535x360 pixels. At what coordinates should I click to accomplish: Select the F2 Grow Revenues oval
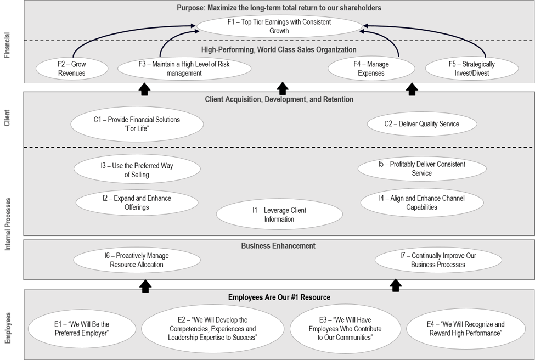point(71,69)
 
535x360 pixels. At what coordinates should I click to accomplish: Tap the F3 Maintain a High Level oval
point(184,69)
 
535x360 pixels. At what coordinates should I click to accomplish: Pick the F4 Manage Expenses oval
point(371,69)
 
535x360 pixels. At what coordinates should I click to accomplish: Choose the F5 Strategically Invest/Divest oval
point(471,69)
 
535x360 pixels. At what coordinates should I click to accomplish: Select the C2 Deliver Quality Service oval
point(421,123)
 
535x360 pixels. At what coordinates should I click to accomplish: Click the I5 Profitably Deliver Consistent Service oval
point(421,168)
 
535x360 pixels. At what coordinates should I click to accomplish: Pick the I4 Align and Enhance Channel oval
point(421,203)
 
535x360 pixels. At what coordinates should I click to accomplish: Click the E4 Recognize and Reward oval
point(465,329)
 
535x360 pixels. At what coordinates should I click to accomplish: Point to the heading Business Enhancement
point(278,246)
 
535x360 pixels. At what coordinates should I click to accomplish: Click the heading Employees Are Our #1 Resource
point(279,297)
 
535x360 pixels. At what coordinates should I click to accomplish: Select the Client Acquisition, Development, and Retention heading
point(279,99)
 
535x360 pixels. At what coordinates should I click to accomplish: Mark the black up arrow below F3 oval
point(144,89)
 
